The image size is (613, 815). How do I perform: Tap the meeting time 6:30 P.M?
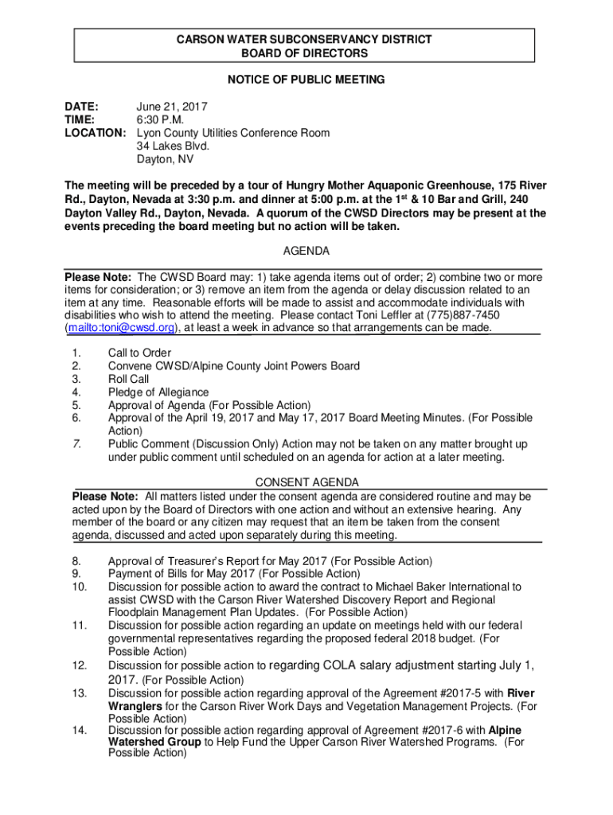(x=160, y=119)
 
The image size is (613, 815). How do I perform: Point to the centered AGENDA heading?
(x=306, y=251)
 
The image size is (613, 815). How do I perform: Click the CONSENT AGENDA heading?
(x=306, y=483)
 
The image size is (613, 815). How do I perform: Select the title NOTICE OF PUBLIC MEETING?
(x=306, y=80)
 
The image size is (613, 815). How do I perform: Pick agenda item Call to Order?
(x=139, y=353)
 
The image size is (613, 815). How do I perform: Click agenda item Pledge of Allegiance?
(x=158, y=392)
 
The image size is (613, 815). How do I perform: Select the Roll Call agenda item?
(x=128, y=379)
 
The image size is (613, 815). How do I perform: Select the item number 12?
(x=78, y=665)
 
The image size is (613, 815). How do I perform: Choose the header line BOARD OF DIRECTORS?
(x=305, y=53)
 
